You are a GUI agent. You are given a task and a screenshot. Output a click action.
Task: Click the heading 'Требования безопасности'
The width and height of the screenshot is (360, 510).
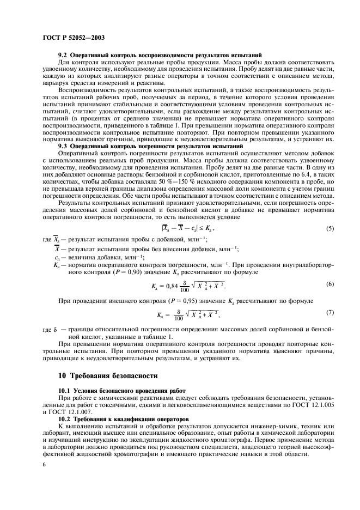(x=114, y=375)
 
